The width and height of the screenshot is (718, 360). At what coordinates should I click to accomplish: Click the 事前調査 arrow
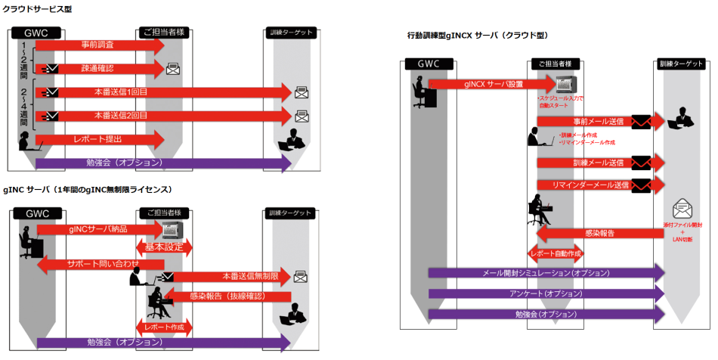(x=98, y=45)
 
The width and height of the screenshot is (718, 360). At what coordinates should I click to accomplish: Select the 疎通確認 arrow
(x=98, y=69)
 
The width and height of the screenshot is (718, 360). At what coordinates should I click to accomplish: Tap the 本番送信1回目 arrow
(x=162, y=92)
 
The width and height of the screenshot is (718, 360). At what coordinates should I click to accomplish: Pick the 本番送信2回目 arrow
(x=162, y=116)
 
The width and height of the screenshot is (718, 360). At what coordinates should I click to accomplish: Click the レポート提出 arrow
(x=98, y=139)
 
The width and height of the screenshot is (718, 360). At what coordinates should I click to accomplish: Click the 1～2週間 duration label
(x=23, y=64)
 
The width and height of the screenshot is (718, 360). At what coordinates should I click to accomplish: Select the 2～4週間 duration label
(x=23, y=106)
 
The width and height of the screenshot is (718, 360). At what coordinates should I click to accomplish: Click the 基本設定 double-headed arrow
(x=164, y=247)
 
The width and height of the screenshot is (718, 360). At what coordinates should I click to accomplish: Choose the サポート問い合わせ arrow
(x=98, y=263)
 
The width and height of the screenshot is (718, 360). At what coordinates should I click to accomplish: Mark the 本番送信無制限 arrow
(x=227, y=277)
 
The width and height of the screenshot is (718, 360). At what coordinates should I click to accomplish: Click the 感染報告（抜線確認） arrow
(x=227, y=296)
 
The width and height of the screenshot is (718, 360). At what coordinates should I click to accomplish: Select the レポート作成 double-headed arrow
(x=164, y=327)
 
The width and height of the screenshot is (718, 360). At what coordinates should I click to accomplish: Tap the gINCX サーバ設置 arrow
(x=491, y=84)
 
